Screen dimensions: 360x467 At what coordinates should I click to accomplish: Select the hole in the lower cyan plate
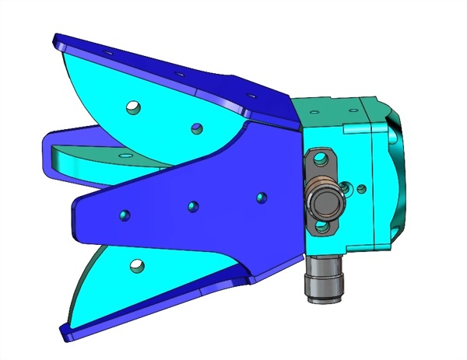(139, 266)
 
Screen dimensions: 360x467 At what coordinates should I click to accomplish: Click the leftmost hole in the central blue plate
(124, 213)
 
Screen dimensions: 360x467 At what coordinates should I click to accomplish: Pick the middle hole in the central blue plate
(193, 205)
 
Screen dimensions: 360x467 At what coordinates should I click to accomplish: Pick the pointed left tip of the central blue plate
(74, 211)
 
